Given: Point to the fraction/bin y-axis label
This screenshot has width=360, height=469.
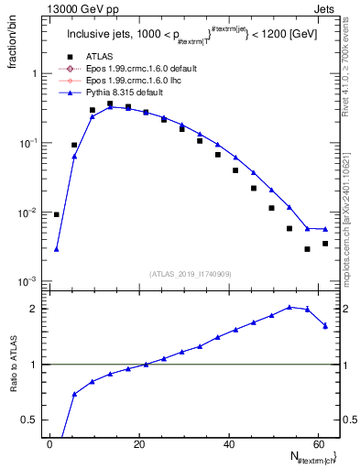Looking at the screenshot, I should click(13, 44).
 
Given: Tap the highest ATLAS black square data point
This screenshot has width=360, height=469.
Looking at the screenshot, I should click(110, 104).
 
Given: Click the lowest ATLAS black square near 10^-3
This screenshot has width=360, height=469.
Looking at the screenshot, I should click(308, 249).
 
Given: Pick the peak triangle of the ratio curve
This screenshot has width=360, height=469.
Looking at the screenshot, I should click(289, 307).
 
